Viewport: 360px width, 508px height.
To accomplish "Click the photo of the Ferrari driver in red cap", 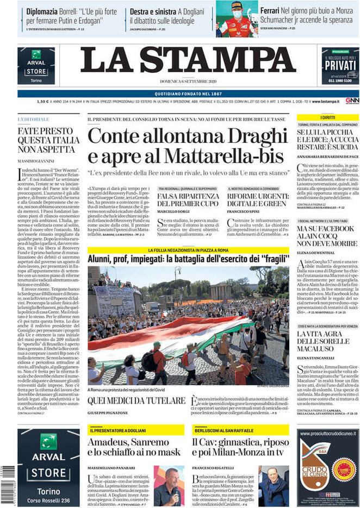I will [237, 18].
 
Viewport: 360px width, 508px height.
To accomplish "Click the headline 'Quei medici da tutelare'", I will [137, 400].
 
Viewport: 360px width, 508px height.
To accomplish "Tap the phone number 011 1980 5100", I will [340, 80].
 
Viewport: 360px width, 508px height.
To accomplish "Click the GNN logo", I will [352, 101].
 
